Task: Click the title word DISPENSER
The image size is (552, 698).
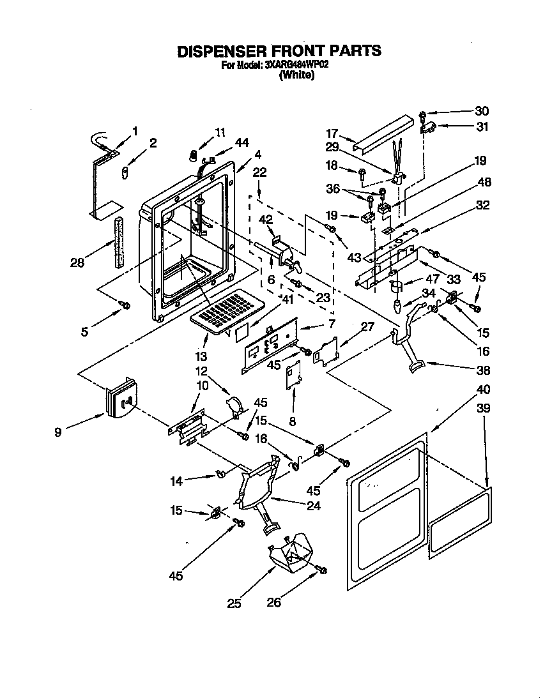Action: coord(221,51)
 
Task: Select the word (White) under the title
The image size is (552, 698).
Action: coord(296,75)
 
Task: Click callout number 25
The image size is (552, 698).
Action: coord(235,603)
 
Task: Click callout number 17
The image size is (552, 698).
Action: coord(332,134)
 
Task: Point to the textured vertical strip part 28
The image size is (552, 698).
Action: coord(119,243)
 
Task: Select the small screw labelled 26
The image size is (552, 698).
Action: coord(321,569)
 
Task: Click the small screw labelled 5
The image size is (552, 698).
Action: coord(125,305)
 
